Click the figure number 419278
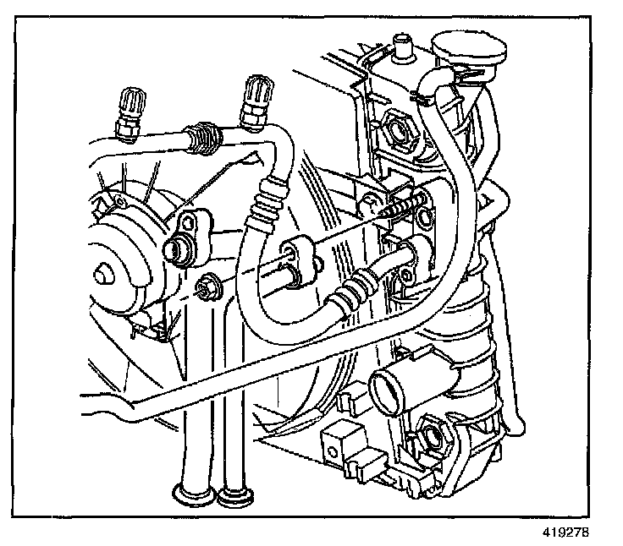coord(563,533)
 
